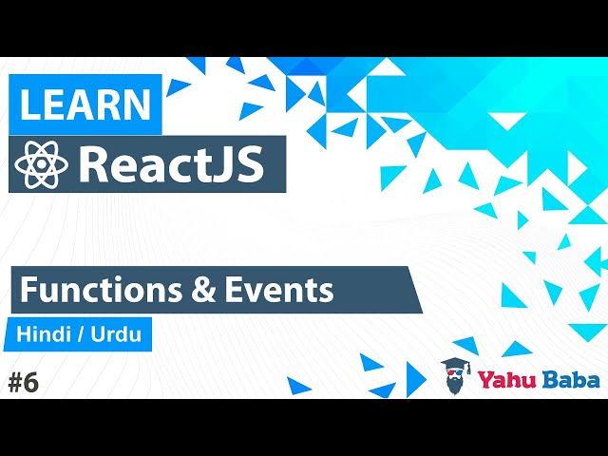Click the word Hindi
(x=44, y=335)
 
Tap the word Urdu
(x=118, y=335)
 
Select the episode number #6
(x=23, y=383)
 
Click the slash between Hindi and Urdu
(x=81, y=335)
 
